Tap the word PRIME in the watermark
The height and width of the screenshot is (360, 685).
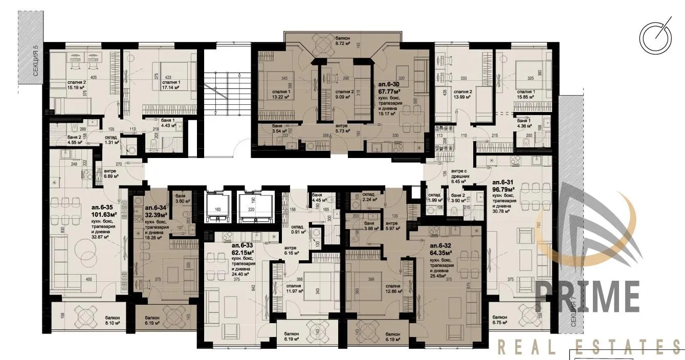point(587,295)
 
